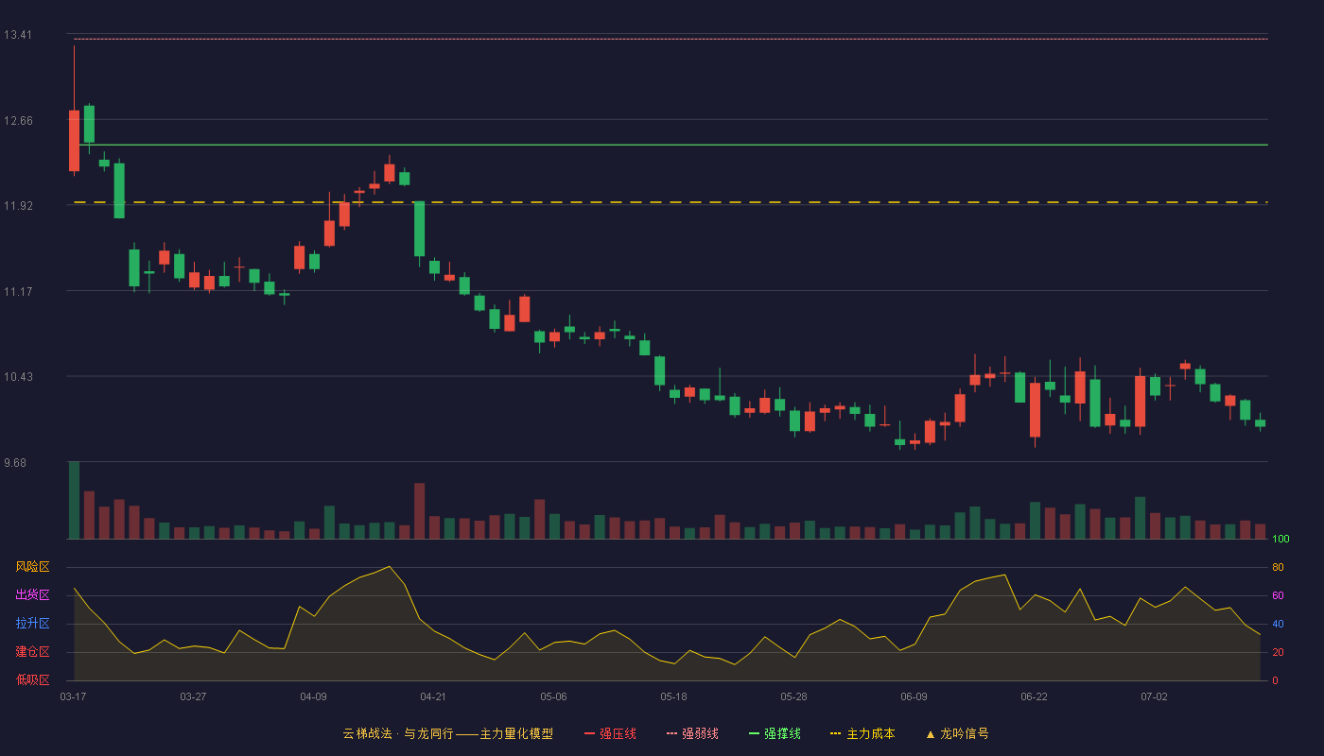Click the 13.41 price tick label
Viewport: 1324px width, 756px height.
click(18, 35)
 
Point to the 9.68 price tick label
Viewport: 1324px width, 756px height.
click(15, 463)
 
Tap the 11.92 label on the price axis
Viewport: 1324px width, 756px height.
click(18, 206)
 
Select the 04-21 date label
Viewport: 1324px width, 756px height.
click(433, 697)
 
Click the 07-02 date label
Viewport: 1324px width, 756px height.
click(1154, 697)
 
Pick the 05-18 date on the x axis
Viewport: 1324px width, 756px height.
click(673, 697)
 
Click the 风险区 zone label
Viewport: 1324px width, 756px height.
click(32, 567)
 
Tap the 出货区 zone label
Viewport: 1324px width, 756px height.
click(32, 594)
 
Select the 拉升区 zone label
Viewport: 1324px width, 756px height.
click(32, 623)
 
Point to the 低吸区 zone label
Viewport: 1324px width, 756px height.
click(32, 679)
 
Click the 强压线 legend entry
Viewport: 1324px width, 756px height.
click(610, 734)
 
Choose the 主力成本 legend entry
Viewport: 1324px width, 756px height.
click(862, 734)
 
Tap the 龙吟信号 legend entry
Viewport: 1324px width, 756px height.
click(957, 734)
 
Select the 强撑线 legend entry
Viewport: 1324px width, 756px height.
click(775, 734)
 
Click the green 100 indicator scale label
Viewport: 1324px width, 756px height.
click(1280, 539)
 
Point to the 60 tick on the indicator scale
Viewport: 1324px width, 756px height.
click(1278, 595)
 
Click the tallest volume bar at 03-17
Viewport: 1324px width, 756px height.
click(74, 500)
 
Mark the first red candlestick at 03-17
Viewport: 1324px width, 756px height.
click(74, 141)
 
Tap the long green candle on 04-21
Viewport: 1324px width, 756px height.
click(419, 229)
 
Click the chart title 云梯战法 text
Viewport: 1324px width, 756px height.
click(367, 734)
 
